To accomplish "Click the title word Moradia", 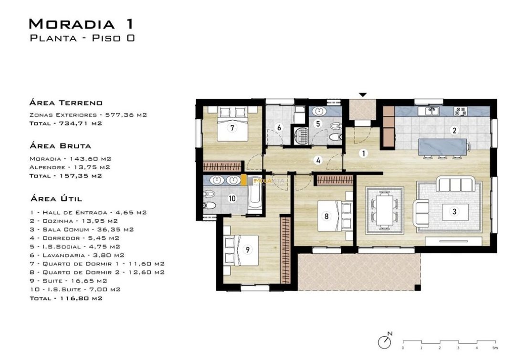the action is click(72, 24).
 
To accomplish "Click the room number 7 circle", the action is click(231, 127).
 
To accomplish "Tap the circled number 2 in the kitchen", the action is click(454, 131).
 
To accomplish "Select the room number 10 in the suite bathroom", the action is click(232, 198).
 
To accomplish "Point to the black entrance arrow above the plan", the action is click(363, 95).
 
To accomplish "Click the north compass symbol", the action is click(385, 341).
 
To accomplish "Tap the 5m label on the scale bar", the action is click(495, 348).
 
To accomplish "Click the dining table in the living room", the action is click(384, 210).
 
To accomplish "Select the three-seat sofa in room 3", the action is click(455, 185).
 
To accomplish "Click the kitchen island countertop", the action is click(442, 147).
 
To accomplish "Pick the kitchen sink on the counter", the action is click(432, 111).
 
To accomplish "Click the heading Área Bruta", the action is click(60, 146).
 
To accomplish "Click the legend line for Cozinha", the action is click(73, 221).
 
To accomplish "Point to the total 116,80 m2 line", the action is click(66, 298).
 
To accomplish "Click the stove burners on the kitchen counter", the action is click(460, 111).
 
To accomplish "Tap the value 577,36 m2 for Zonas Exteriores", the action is click(126, 115).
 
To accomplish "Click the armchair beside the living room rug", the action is click(421, 213).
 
